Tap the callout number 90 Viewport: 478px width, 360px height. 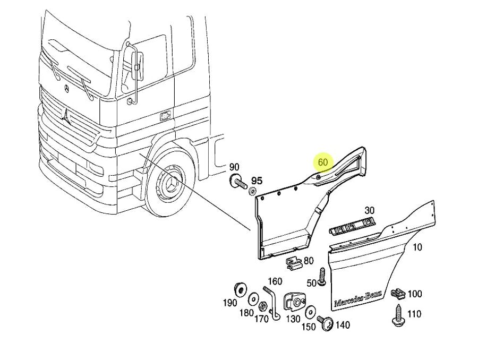(x=234, y=168)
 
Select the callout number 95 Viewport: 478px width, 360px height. (x=257, y=181)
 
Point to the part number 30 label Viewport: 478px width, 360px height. (x=370, y=210)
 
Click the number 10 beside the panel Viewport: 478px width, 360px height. (x=417, y=247)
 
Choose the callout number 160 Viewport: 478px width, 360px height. (x=275, y=281)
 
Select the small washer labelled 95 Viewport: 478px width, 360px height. (x=253, y=191)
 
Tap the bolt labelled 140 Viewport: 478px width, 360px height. (x=325, y=322)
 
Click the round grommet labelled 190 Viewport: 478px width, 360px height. (x=240, y=289)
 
